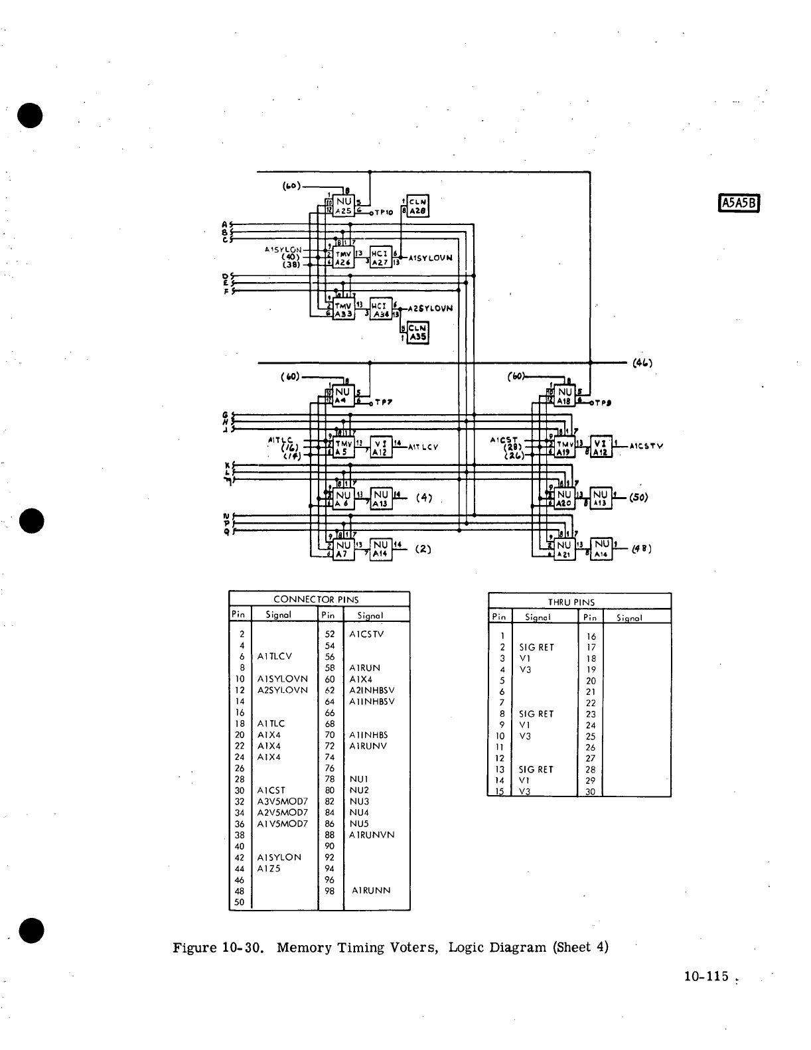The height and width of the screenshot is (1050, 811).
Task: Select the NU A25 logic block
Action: point(344,205)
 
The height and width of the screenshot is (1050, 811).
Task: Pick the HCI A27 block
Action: point(381,257)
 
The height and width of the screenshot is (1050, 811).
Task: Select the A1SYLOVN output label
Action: point(431,258)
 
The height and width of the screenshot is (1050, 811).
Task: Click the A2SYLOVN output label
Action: point(431,308)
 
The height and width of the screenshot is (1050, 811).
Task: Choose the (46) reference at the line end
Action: point(642,362)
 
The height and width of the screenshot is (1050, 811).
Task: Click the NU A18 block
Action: point(564,396)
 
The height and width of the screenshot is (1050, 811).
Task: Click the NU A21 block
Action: point(564,550)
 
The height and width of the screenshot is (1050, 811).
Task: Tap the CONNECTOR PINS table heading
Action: point(319,599)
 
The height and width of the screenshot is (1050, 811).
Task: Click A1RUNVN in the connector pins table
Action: point(372,834)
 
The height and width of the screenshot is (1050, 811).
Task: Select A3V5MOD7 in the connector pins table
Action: point(282,801)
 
